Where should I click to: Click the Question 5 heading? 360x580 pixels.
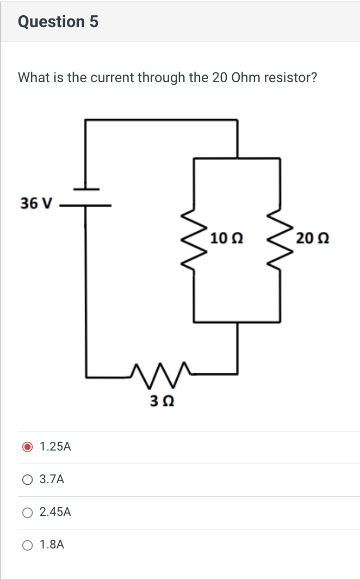pyautogui.click(x=58, y=22)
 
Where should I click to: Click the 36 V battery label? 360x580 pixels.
pyautogui.click(x=36, y=203)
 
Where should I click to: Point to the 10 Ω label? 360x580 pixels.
pyautogui.click(x=226, y=238)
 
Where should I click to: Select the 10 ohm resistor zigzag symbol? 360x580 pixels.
pyautogui.click(x=194, y=238)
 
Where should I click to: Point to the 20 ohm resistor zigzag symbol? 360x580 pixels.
pyautogui.click(x=280, y=238)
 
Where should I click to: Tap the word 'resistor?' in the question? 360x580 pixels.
pyautogui.click(x=290, y=78)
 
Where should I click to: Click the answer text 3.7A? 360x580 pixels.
pyautogui.click(x=52, y=480)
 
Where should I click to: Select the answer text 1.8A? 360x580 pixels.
pyautogui.click(x=52, y=545)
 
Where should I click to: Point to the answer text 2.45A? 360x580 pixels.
pyautogui.click(x=55, y=512)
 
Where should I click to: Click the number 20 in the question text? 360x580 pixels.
pyautogui.click(x=219, y=78)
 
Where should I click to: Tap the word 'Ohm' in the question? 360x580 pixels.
pyautogui.click(x=246, y=78)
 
